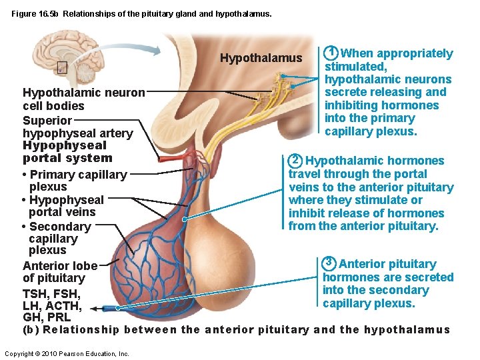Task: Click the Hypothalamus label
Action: [261, 59]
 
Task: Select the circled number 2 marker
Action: [296, 160]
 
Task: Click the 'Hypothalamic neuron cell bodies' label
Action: [83, 99]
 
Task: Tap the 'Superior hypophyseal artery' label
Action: [77, 127]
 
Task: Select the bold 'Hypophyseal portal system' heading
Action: [67, 151]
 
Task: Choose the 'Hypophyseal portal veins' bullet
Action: [63, 206]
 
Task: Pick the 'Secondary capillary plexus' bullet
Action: [56, 238]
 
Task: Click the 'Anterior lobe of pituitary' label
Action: [60, 272]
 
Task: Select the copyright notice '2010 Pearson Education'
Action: [67, 353]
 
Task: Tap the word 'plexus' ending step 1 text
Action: [398, 131]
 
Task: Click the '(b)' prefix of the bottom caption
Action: [31, 329]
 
